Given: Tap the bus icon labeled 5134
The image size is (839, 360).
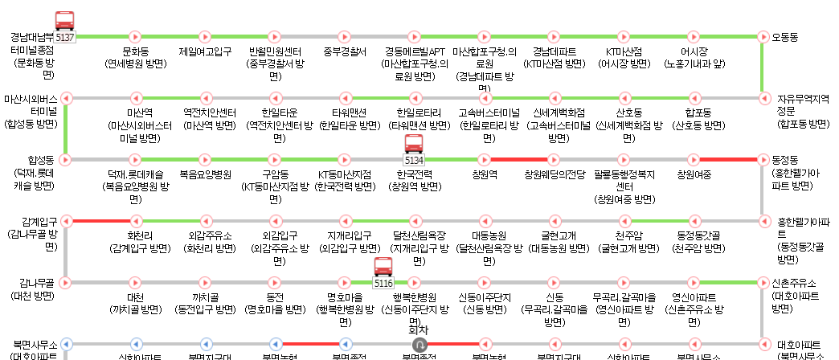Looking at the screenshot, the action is point(414,145).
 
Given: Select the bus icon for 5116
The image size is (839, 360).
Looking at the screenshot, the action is point(383,269).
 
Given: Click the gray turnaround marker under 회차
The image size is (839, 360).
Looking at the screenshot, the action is point(413,344).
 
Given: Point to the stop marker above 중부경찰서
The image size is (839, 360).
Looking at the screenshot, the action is point(344,36).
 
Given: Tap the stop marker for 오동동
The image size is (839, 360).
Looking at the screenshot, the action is point(763,36).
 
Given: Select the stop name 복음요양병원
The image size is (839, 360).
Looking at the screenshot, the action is point(205,174).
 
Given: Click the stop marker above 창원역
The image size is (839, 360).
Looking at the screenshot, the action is point(484,159).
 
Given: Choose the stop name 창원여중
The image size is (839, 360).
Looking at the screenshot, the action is point(694,174).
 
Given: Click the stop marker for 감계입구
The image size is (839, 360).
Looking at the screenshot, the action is point(66,221).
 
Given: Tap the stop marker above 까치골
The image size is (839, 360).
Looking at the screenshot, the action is point(205,283).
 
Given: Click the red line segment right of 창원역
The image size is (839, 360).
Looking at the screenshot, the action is point(518,159).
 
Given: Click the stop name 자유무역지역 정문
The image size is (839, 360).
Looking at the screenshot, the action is point(802,104).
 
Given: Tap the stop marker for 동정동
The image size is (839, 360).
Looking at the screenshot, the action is point(763,159).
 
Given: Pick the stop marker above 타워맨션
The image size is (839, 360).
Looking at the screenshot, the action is point(344,98).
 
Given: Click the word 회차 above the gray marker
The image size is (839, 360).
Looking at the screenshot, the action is point(413,329).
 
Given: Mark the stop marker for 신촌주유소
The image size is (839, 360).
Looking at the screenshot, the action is point(763,283).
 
